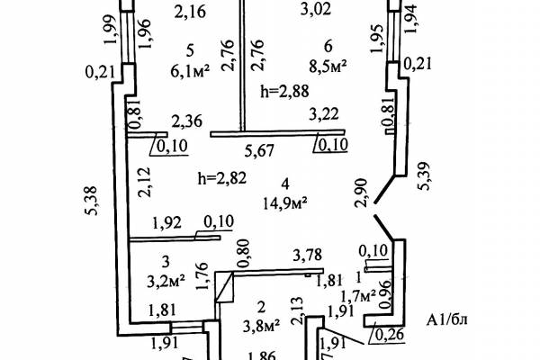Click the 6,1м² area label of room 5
pos(190,72)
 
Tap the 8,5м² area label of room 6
pos(328,66)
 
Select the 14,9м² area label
pos(285,202)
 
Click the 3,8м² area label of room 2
pos(261,325)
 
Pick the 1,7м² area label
pos(358,295)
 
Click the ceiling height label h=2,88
pos(284,91)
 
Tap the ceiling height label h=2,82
pos(222,178)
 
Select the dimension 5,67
pos(260,151)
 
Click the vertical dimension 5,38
pos(92,201)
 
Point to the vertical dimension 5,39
pos(424,176)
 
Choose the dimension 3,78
pos(308,255)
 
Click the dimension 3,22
pos(324,114)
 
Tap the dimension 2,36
pos(187,121)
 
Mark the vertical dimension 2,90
pos(361,193)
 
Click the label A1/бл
pos(447,320)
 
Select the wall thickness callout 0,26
pos(389,335)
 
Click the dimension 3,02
pos(316,9)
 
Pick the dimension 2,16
pos(191,12)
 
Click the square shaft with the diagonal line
pos(224,287)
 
